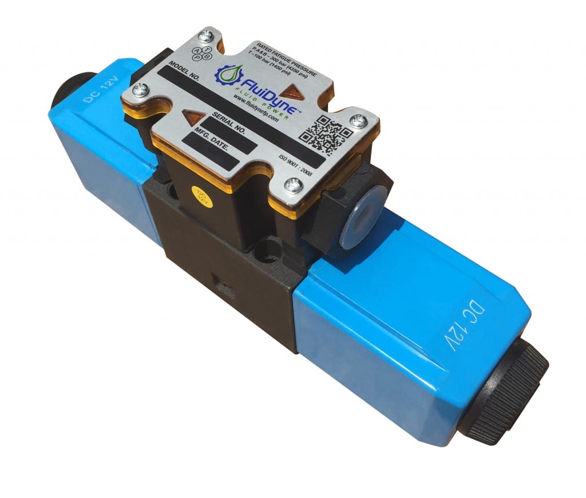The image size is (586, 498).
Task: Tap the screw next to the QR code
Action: pyautogui.click(x=358, y=121)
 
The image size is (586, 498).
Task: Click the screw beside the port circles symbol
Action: pyautogui.click(x=208, y=36)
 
